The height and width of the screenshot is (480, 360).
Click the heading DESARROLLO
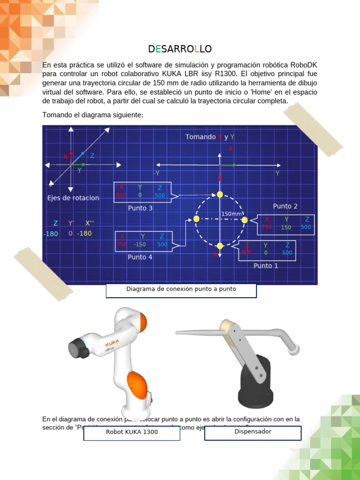(180, 49)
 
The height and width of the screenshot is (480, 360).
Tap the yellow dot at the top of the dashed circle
(219, 195)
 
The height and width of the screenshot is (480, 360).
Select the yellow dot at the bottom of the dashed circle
(219, 246)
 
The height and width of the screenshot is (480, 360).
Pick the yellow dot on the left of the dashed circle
(196, 219)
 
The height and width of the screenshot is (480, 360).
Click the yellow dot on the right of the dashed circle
(245, 219)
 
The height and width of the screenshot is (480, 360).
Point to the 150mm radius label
(232, 214)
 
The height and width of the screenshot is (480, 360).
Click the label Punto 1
(266, 266)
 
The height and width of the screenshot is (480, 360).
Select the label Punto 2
(285, 206)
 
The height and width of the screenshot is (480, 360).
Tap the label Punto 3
(140, 208)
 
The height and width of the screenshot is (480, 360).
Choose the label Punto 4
(140, 257)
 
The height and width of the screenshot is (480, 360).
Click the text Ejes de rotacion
(73, 198)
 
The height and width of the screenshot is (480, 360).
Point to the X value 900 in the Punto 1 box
(247, 252)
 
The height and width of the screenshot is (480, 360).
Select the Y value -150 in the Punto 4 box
(140, 244)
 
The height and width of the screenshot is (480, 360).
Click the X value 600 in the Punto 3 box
(121, 195)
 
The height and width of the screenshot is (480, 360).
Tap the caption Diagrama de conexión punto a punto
(181, 289)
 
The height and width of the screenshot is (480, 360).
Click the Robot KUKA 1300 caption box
(132, 432)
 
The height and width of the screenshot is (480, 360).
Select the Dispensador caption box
(253, 431)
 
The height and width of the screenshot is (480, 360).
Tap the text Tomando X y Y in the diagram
(210, 137)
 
